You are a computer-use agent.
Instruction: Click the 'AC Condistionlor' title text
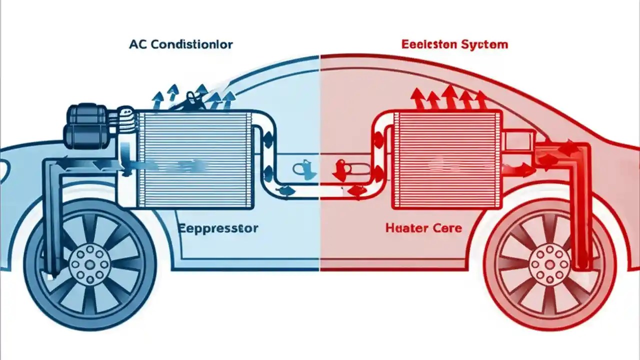(180, 44)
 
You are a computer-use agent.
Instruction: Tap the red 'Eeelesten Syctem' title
(454, 44)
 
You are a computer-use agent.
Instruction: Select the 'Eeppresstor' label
(217, 229)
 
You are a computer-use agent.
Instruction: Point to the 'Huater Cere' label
(423, 229)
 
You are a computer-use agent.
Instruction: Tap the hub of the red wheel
(549, 263)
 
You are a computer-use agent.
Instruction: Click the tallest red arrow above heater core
(449, 96)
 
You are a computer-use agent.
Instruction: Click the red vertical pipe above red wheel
(580, 210)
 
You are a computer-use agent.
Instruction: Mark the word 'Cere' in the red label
(446, 229)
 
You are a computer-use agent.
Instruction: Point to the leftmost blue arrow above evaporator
(157, 100)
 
